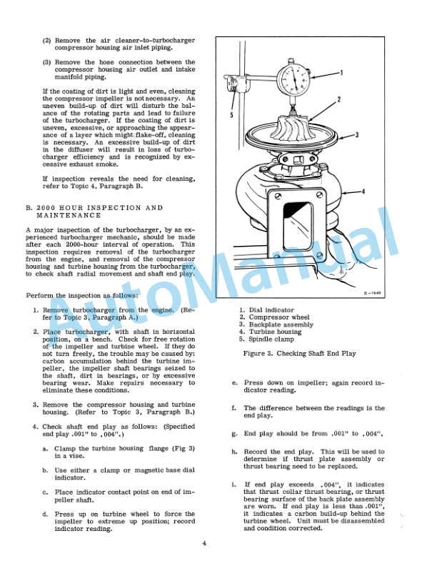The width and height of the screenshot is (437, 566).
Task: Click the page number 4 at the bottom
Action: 204,544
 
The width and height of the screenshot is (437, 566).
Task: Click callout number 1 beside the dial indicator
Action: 342,73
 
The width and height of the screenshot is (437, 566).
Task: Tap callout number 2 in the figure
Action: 338,99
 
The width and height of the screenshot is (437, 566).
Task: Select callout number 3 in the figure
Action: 357,134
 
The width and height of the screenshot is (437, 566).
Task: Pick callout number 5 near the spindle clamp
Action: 232,114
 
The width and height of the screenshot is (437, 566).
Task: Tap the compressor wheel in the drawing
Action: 293,130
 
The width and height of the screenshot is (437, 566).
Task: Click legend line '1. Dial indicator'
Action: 273,309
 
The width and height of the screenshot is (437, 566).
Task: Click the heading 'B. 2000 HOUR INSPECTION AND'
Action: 94,208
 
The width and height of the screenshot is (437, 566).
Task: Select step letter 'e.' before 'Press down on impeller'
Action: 235,382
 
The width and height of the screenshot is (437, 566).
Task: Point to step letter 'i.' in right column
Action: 235,485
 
